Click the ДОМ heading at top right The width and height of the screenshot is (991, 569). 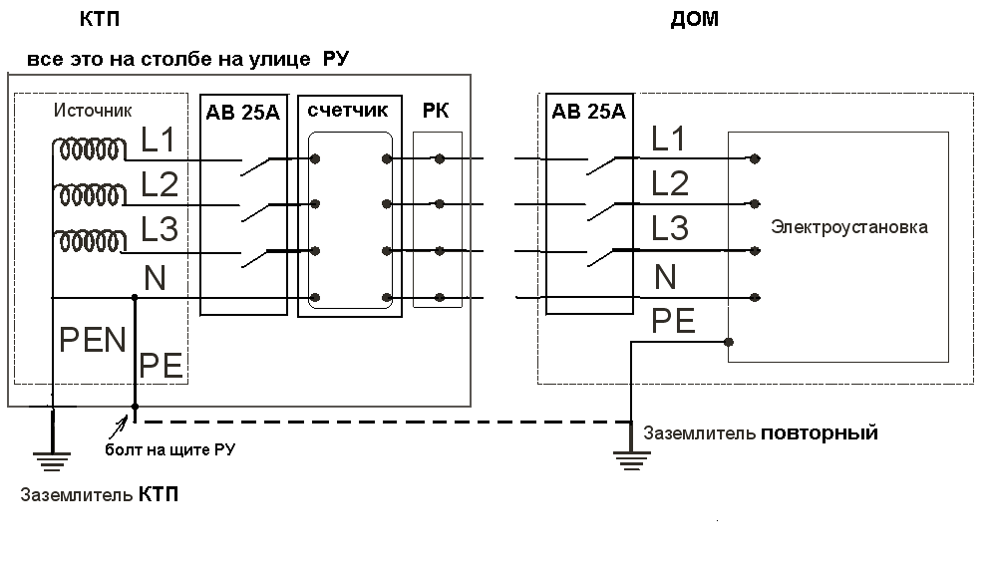696,20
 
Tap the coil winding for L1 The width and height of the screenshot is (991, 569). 90,150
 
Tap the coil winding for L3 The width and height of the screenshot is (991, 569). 90,241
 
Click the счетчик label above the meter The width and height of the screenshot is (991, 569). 348,110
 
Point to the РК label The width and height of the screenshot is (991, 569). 437,110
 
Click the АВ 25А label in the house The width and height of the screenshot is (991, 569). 588,111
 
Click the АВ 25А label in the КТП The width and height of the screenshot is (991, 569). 242,112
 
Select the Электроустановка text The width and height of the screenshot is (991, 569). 848,227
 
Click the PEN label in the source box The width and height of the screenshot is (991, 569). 93,340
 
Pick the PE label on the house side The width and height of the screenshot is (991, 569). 675,321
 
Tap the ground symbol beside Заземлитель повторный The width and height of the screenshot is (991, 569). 631,458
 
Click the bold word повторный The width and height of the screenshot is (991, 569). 819,433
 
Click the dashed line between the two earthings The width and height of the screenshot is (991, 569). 379,422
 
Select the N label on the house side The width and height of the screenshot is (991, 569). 665,276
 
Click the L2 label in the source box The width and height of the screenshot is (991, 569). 160,184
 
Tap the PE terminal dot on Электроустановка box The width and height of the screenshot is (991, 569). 730,342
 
